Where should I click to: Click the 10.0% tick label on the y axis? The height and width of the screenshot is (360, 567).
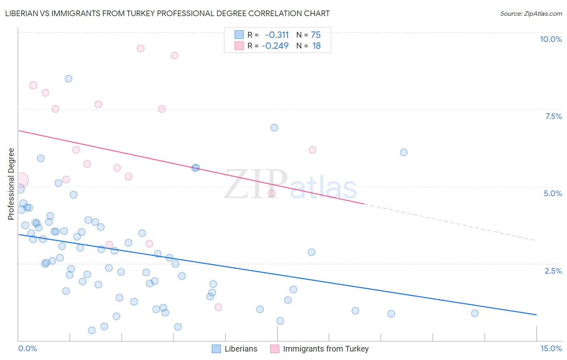550,39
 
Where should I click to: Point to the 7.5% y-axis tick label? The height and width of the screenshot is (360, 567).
553,116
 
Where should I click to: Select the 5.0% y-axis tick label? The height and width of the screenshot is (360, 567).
552,193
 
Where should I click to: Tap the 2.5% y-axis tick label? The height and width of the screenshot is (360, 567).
553,271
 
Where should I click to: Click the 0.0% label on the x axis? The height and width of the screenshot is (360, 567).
27,348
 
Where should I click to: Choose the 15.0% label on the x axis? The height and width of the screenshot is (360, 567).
551,348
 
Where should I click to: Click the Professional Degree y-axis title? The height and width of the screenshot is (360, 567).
11,184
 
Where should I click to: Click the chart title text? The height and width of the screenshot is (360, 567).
167,13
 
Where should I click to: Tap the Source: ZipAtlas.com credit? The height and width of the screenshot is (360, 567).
531,13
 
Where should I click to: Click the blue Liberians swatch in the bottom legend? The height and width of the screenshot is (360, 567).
217,349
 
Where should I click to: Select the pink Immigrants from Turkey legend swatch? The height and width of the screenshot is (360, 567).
275,349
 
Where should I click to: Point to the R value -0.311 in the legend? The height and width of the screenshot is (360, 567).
277,35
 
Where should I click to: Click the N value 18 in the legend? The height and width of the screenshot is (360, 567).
316,46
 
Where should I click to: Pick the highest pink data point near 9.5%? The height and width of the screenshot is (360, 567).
140,48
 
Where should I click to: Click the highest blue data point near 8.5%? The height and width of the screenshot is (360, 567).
69,79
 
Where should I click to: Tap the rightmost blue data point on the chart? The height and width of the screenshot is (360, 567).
475,313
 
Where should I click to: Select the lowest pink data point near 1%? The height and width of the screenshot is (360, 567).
218,307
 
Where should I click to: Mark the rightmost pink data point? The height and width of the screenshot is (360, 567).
312,150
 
